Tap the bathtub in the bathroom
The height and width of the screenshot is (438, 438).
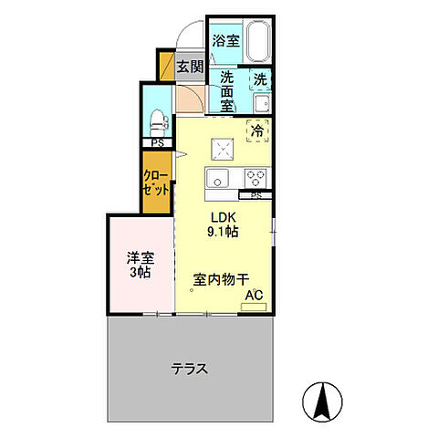click(255, 40)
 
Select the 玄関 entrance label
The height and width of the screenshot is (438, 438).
click(190, 67)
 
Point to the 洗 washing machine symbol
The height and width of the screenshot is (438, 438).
click(260, 79)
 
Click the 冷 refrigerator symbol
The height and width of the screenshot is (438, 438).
click(258, 130)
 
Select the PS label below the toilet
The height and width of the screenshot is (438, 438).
click(158, 144)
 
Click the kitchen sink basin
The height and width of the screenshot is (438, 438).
click(221, 176)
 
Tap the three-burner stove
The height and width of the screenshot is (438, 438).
click(254, 176)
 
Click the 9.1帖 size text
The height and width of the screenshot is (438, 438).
click(224, 234)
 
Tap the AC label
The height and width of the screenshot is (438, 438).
click(255, 296)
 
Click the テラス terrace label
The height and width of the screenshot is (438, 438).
click(190, 370)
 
